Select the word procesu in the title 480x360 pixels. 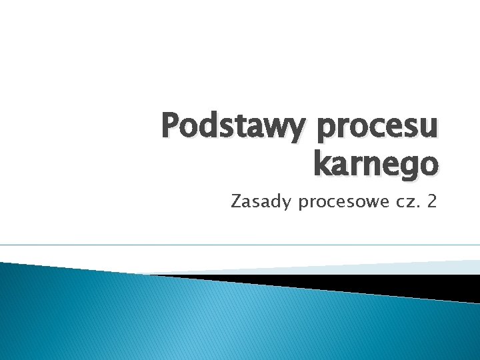pos(378,127)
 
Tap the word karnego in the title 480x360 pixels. pos(375,163)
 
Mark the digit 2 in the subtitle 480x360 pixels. pos(432,200)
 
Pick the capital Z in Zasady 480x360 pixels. pos(236,200)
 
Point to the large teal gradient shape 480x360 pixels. pos(200,320)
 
